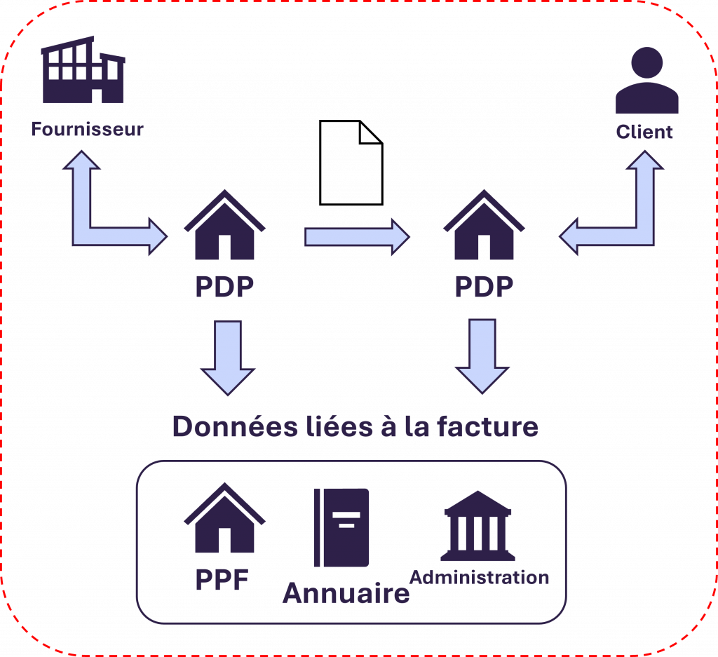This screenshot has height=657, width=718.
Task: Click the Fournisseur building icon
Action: click(83, 72)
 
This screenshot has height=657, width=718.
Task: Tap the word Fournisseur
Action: click(87, 129)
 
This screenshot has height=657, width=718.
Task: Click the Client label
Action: click(644, 132)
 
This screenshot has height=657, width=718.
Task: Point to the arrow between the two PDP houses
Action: click(356, 236)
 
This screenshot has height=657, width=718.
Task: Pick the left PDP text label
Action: click(224, 287)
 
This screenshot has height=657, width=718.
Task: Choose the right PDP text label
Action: click(484, 287)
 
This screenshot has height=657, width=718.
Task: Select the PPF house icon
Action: click(224, 519)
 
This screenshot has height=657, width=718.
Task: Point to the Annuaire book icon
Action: click(342, 527)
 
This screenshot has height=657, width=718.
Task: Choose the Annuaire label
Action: click(346, 594)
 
